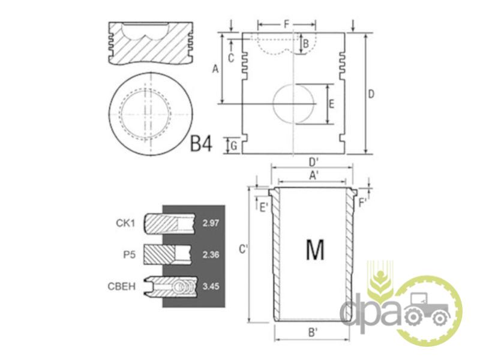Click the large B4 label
pos(201,143)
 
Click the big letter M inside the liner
pos(315,250)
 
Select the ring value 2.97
pos(211,223)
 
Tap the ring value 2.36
pos(211,254)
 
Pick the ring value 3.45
pos(211,286)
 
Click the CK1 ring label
pos(125,223)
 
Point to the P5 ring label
pos(129,254)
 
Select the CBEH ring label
pos(122,286)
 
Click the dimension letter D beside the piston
pos(371,94)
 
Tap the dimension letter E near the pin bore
pos(331,104)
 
